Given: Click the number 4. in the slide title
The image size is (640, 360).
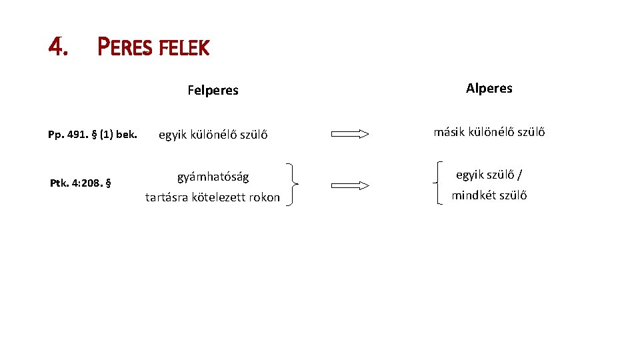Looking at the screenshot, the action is pos(59,46).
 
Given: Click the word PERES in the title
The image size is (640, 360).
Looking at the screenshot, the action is pos(124,47).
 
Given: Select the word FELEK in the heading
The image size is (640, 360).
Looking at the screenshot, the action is pos(183,47).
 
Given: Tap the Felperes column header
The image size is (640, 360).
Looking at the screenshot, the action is pos(213,90).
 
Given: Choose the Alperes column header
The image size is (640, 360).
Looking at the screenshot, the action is pos(489,88).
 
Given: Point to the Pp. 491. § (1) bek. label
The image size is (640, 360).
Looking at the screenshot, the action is pos(92,135).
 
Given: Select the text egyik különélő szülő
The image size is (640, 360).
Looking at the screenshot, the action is pos(213,135).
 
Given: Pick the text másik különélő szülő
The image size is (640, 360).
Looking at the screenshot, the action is pos(489,132).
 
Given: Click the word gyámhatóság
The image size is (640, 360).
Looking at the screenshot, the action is pos(213,177).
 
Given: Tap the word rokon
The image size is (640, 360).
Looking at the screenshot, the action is pos(264,197).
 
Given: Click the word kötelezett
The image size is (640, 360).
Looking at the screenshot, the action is pos(217,197).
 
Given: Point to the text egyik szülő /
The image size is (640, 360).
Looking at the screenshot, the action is pos(489,175).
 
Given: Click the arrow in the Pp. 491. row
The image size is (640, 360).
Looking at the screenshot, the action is pos(350,134).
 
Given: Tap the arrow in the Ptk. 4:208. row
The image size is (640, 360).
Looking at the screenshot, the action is pos(350,185).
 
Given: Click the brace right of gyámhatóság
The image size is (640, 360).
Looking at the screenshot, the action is pos(293,185).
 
